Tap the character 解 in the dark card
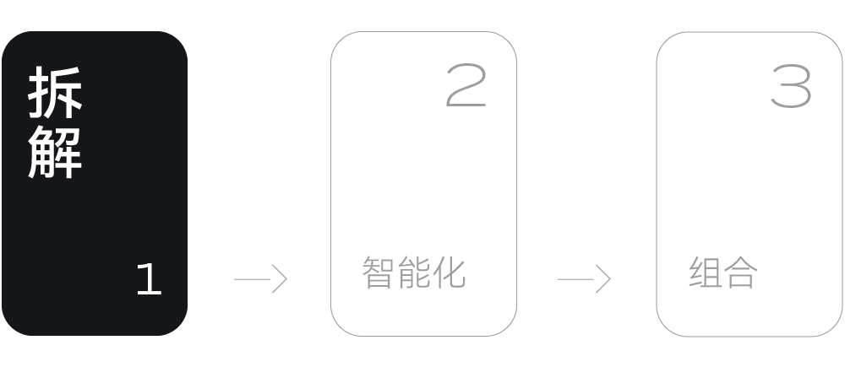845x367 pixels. (x=56, y=152)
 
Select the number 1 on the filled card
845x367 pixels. (x=149, y=279)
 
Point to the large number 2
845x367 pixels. (x=466, y=86)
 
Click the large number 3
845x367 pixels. (x=792, y=86)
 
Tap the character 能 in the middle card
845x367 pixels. (x=414, y=273)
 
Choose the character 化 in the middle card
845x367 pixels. (x=450, y=273)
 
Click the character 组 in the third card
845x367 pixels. (x=706, y=273)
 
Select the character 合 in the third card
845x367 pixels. (x=741, y=273)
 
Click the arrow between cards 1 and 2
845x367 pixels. (x=260, y=278)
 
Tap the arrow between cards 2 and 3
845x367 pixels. (x=584, y=278)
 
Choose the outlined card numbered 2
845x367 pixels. (x=423, y=183)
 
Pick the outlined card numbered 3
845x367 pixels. (x=750, y=183)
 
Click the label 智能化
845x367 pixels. (x=414, y=273)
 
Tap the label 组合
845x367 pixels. (x=723, y=273)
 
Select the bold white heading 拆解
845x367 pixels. (x=56, y=122)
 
